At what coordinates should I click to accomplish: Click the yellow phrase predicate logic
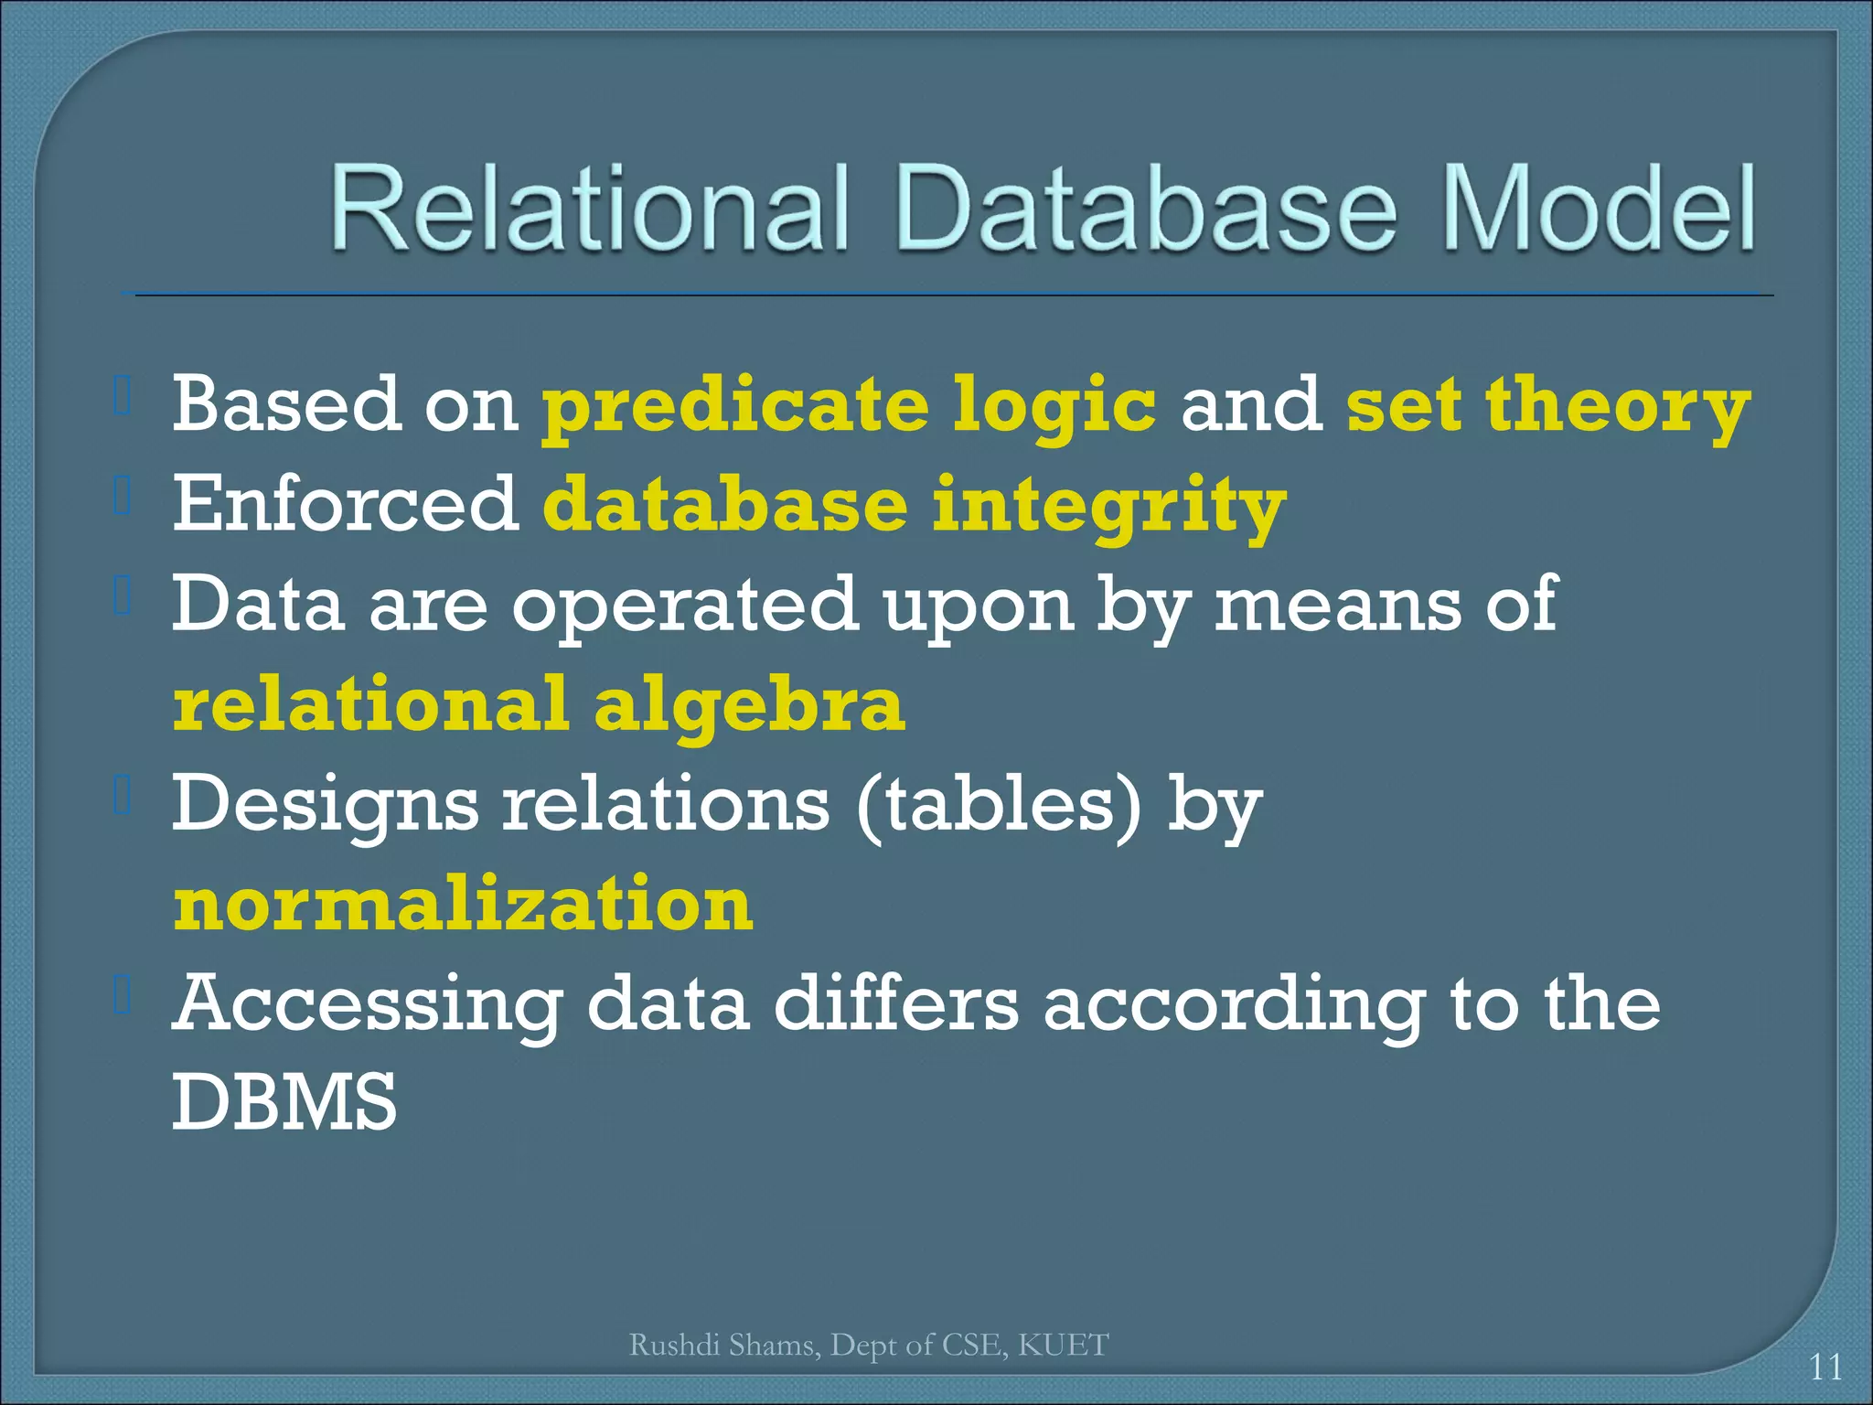point(849,405)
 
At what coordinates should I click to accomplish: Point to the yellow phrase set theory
point(1547,405)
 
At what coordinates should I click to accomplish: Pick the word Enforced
point(346,504)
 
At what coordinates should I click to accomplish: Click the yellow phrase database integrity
point(915,506)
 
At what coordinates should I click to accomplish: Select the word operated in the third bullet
point(684,605)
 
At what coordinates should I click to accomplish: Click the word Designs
point(325,804)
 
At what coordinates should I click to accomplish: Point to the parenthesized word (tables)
point(1000,804)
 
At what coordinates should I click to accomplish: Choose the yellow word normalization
point(464,904)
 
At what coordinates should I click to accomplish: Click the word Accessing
point(368,1004)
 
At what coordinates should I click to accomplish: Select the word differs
point(896,1003)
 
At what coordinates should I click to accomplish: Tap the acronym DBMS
point(284,1103)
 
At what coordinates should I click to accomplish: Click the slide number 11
point(1825,1367)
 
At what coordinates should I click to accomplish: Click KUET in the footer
point(1063,1345)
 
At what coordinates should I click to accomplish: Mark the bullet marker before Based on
point(123,396)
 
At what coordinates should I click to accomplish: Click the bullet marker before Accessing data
point(123,995)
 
